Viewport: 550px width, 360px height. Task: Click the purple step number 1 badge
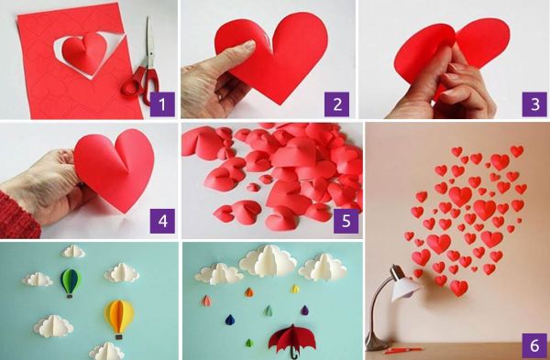162,104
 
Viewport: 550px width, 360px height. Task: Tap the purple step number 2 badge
336,104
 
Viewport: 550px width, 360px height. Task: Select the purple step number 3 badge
534,104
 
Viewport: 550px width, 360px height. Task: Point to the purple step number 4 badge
162,221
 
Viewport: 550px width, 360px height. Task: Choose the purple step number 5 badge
346,221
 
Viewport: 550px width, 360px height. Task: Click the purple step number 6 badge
534,345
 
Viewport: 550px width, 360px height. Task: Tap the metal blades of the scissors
150,42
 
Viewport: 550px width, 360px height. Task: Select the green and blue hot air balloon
71,282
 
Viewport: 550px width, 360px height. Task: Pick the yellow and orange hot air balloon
119,318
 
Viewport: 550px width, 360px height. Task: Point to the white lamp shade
405,289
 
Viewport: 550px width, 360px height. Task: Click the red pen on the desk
403,350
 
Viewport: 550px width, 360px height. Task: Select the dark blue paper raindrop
230,320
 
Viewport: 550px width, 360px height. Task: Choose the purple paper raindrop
304,310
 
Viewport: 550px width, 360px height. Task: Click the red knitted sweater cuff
17,215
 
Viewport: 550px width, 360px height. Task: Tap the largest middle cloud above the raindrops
269,261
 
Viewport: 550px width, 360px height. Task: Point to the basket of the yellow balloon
119,337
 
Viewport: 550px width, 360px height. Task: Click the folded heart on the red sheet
85,52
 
